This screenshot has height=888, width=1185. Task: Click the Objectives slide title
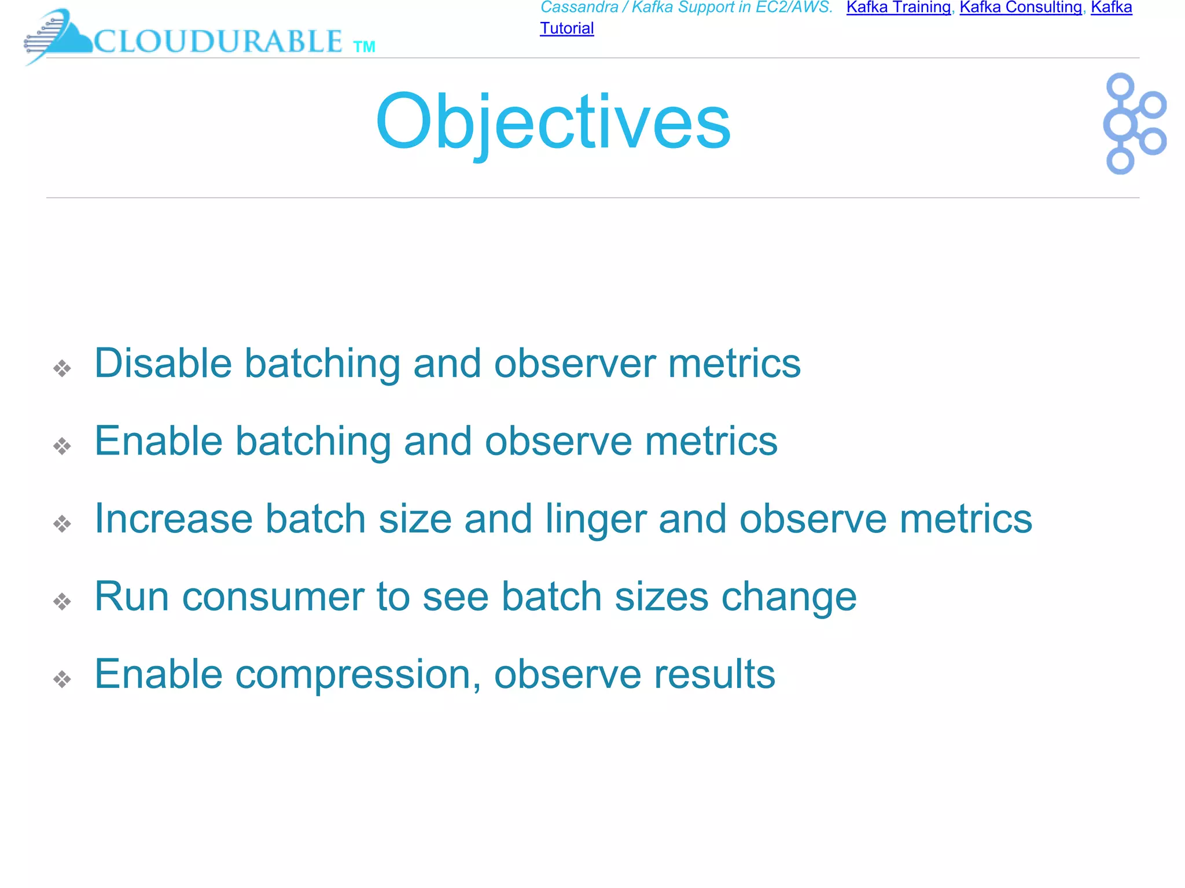553,123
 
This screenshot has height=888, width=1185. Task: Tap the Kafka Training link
898,8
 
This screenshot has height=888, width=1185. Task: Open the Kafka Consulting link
1020,8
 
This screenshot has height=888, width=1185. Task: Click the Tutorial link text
566,28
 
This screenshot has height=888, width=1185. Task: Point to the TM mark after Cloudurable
364,47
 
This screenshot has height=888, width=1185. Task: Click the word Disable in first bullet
163,364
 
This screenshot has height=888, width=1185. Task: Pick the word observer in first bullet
575,364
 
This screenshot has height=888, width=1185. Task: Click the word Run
131,597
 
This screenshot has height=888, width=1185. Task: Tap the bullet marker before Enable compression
62,679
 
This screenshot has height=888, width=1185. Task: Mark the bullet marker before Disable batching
62,368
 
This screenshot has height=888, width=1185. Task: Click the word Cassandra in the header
579,8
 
